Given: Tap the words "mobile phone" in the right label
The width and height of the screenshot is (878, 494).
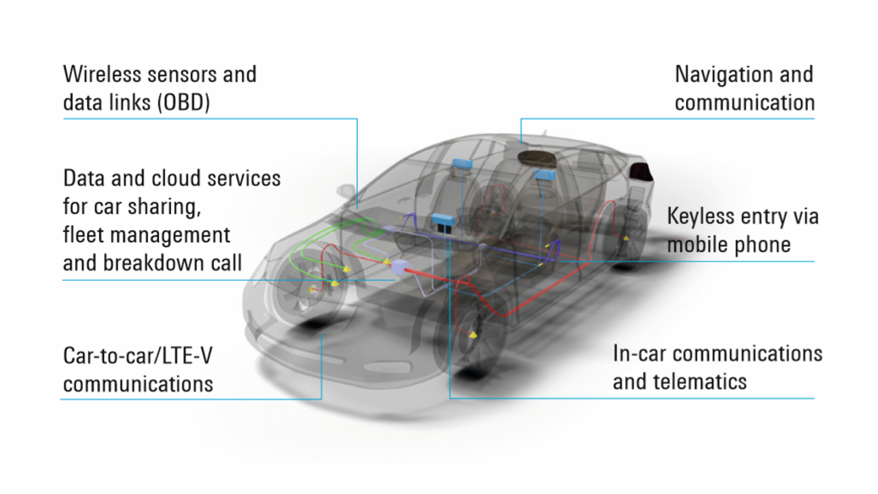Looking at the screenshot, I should pyautogui.click(x=728, y=244).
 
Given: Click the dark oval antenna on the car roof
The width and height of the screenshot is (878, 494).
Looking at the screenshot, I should pyautogui.click(x=537, y=156).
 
